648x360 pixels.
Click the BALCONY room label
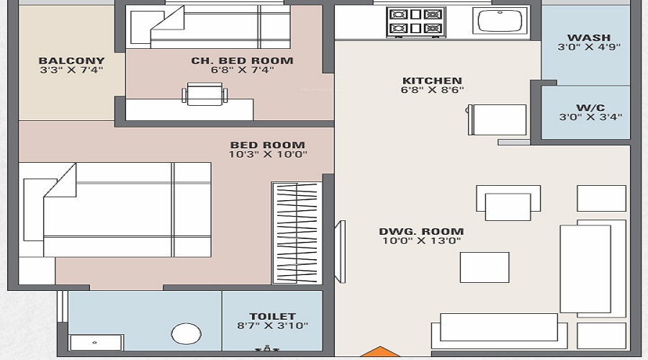coord(71,60)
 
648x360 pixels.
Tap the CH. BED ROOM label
coord(242,60)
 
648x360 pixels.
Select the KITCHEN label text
coord(432,80)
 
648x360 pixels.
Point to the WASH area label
coord(589,37)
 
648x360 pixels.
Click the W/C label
coord(589,107)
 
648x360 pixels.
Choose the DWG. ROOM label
coord(421,231)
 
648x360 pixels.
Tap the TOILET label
coord(272,316)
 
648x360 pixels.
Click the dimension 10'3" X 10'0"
coord(268,154)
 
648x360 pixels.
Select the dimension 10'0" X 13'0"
coord(421,240)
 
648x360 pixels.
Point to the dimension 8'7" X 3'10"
coord(272,325)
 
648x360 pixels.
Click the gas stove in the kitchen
coord(415,22)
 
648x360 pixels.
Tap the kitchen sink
coord(500,21)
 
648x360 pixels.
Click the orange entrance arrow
coord(375,353)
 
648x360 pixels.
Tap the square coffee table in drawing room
coord(485,267)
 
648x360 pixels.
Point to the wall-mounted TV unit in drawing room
coord(341,248)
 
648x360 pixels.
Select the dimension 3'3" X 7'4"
coord(71,70)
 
